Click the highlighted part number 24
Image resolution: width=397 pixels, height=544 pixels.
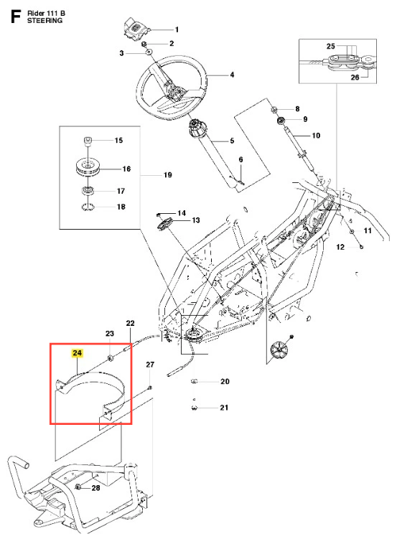tap(77, 353)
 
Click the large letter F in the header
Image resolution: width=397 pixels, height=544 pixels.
tap(16, 17)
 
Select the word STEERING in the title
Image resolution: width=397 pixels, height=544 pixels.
tap(45, 21)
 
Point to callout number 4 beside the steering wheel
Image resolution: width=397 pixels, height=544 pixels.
tap(232, 75)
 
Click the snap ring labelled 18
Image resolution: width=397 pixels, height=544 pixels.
tap(88, 207)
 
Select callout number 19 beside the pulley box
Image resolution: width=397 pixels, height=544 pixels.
tap(167, 175)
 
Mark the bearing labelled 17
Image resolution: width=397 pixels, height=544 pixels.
tap(88, 190)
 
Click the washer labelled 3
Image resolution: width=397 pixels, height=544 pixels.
tap(148, 53)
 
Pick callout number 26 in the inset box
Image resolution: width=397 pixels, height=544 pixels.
tap(355, 77)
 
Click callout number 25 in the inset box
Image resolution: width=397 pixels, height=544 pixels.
tap(331, 46)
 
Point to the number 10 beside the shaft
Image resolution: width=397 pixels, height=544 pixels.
tap(316, 136)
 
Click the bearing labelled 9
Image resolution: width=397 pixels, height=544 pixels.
tap(281, 121)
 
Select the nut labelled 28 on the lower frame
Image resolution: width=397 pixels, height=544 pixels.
tap(78, 487)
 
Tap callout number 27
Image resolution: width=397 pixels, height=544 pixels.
tap(150, 365)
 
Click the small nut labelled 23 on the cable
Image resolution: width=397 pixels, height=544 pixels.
tap(111, 358)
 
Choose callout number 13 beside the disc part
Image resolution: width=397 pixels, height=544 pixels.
tap(196, 220)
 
